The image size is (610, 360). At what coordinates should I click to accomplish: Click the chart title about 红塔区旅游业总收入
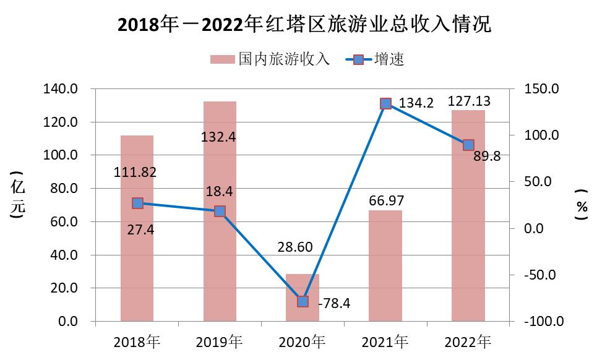click(x=304, y=25)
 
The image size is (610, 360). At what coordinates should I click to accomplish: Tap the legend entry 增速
click(x=377, y=59)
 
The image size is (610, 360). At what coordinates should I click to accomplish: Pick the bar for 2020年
click(x=303, y=297)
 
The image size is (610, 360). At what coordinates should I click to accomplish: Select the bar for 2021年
click(x=385, y=266)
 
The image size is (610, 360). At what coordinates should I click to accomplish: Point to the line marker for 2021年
click(x=386, y=103)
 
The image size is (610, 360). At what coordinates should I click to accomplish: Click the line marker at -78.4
click(x=303, y=301)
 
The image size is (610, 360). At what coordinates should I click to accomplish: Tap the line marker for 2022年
click(x=468, y=145)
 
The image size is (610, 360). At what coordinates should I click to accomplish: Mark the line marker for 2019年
click(x=220, y=211)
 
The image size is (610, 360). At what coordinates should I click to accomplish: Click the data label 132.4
click(x=218, y=137)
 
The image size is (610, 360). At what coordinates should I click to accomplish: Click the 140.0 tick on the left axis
click(x=61, y=89)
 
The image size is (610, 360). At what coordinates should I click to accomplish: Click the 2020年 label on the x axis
click(x=303, y=341)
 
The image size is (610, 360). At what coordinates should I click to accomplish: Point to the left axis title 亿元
click(x=18, y=197)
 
